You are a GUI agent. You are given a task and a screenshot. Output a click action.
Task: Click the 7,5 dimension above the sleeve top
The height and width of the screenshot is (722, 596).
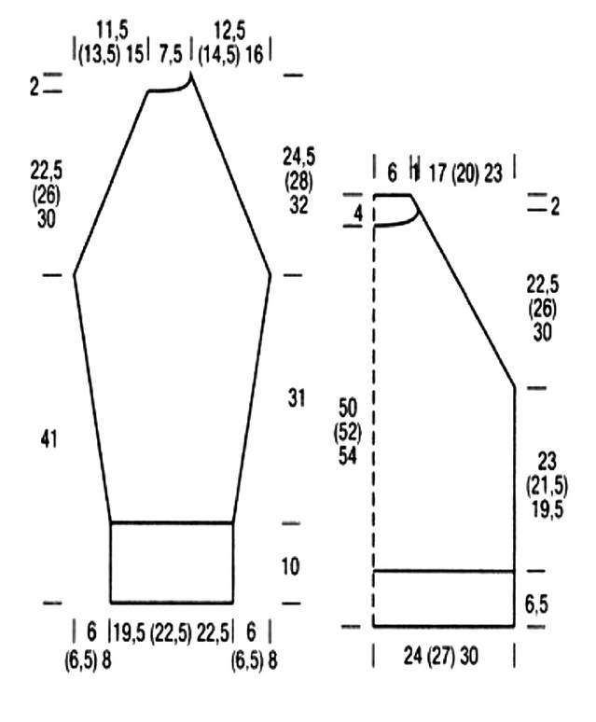171,54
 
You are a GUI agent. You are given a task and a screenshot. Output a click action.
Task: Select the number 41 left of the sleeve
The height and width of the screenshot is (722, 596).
49,438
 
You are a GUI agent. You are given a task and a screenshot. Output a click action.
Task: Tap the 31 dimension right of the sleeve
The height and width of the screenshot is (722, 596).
297,397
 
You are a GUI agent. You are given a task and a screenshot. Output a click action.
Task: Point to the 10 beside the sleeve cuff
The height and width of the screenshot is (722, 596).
290,566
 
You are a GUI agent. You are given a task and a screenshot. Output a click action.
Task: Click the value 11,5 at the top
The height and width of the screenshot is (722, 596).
113,32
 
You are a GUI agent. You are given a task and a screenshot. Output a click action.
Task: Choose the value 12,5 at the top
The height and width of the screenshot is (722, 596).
229,32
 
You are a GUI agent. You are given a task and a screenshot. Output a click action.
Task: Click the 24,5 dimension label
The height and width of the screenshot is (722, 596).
298,158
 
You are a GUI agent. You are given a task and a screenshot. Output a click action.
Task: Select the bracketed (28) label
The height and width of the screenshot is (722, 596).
298,181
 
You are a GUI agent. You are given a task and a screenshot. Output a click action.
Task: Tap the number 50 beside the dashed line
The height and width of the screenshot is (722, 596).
348,408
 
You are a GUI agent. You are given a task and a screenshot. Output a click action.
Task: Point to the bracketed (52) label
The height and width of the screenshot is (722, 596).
348,432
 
